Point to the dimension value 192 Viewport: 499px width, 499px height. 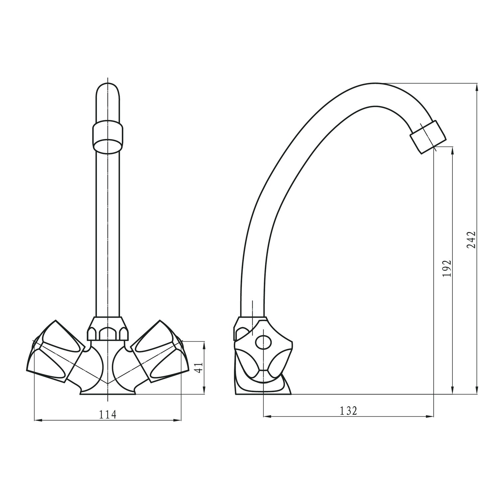pos(447,268)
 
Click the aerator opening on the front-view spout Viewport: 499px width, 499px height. pos(108,146)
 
